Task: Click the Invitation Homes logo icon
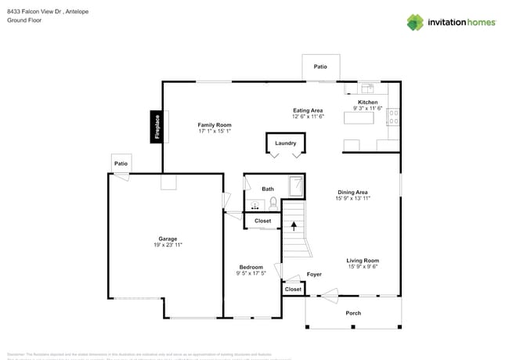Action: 415,22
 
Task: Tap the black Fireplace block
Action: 157,127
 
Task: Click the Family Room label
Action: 214,125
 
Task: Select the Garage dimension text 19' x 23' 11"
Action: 168,245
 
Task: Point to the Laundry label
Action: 285,143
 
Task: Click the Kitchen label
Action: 367,103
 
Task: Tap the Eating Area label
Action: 308,110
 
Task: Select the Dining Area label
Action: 353,192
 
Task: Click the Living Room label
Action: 363,261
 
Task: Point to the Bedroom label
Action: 251,267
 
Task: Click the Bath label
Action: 268,189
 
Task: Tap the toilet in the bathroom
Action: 273,203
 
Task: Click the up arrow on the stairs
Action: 294,227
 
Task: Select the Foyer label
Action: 314,275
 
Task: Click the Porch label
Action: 353,313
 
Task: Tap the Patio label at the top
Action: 320,67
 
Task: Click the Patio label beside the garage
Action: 121,164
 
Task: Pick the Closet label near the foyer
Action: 293,290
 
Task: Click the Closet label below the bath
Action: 263,221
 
